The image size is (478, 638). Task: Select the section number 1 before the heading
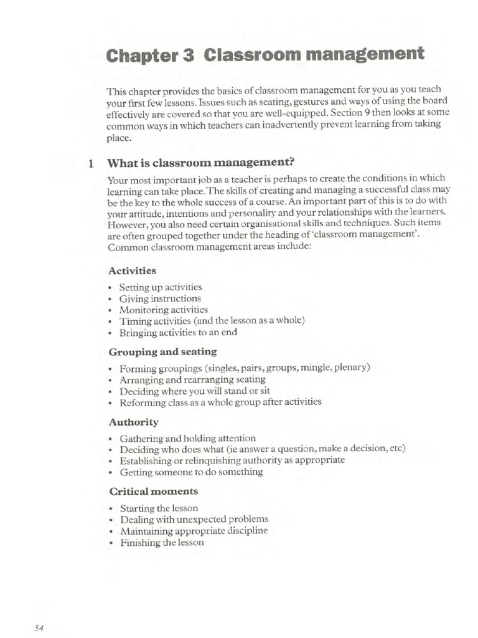[x=91, y=164]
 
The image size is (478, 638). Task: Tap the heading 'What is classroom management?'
[x=200, y=164]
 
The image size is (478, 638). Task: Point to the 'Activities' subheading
[x=132, y=270]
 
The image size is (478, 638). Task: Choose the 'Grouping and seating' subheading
[x=162, y=351]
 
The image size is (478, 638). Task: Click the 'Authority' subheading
[x=133, y=422]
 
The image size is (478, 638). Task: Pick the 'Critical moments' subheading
[x=153, y=492]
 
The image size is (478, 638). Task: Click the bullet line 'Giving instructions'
[x=160, y=298]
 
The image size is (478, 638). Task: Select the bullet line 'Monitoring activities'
[x=164, y=310]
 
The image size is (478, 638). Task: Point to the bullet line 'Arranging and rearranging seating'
[x=192, y=379]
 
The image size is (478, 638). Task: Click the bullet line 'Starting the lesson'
[x=159, y=508]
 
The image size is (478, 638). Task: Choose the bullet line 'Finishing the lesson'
[x=162, y=542]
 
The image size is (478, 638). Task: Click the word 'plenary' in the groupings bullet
[x=351, y=367]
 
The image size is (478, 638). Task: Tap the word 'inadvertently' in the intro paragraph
[x=288, y=124]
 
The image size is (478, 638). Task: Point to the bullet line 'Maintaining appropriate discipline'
[x=194, y=531]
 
